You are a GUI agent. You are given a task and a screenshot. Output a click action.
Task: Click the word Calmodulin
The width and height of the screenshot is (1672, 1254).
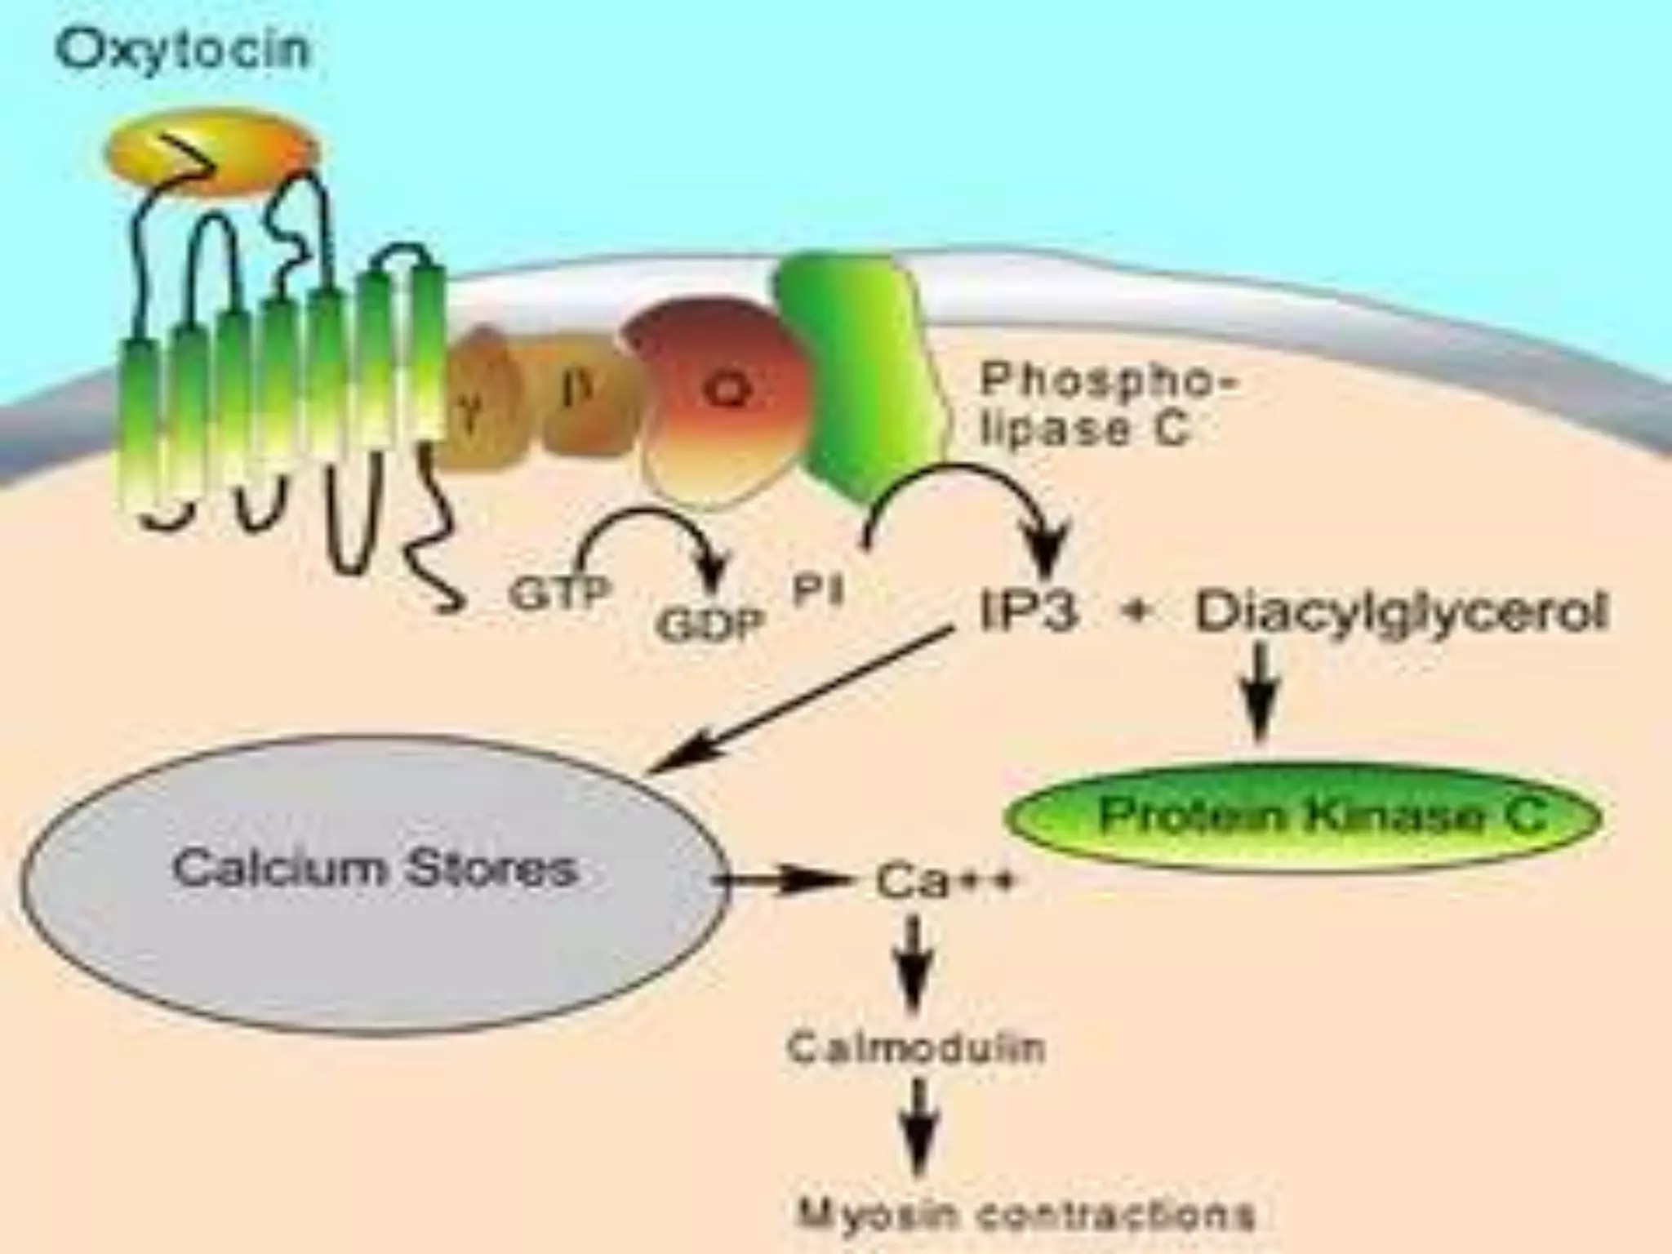coord(916,1047)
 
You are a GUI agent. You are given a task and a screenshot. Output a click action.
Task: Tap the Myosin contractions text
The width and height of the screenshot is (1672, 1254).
coord(1025,1214)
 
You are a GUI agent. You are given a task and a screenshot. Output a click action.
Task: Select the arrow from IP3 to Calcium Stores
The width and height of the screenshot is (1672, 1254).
coord(804,698)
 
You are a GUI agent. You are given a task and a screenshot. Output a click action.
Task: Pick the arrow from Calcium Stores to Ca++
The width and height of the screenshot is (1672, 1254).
coord(784,880)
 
